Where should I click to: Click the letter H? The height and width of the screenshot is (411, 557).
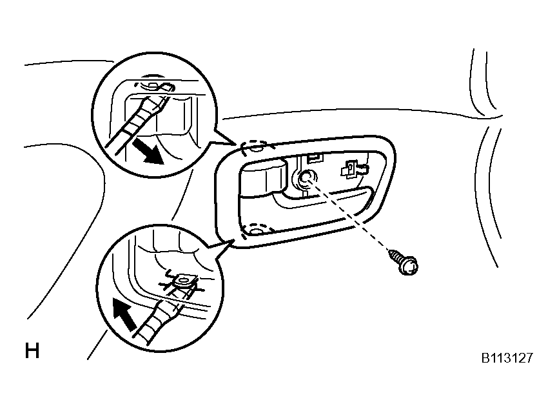tap(32, 350)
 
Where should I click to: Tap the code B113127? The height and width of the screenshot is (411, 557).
tap(507, 358)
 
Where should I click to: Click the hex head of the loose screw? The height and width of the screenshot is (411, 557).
tap(409, 266)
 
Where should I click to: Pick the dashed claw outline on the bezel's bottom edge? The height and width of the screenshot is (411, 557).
tap(257, 230)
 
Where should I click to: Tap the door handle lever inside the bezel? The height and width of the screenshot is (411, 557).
tap(263, 178)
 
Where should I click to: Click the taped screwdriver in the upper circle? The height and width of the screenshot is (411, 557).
tap(137, 119)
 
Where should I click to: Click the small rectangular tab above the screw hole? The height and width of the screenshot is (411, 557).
tap(315, 157)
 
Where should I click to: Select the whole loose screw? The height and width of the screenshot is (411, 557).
tap(404, 262)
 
